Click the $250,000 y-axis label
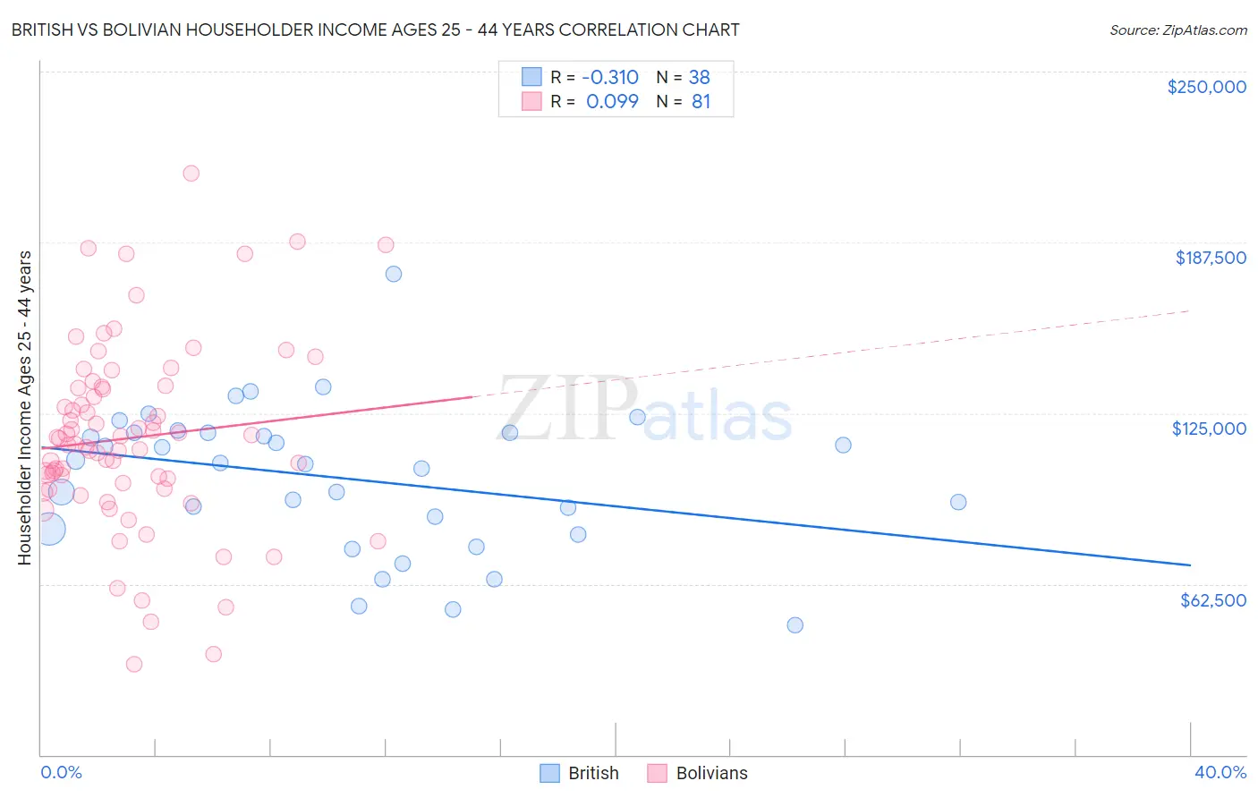tap(1206, 87)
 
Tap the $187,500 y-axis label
tap(1210, 258)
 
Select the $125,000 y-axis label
tap(1209, 429)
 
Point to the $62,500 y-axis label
tap(1212, 600)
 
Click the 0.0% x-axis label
tap(61, 772)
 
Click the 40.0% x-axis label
tap(1220, 772)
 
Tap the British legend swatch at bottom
tap(550, 773)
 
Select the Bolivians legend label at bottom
tap(711, 773)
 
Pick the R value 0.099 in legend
tap(612, 102)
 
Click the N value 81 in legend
tap(701, 102)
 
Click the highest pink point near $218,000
tap(191, 174)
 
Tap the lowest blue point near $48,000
tap(795, 625)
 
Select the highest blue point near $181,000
tap(394, 274)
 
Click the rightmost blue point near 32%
tap(958, 502)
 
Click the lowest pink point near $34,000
tap(134, 664)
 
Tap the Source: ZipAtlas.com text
tap(1177, 30)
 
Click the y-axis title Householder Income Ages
tap(25, 407)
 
